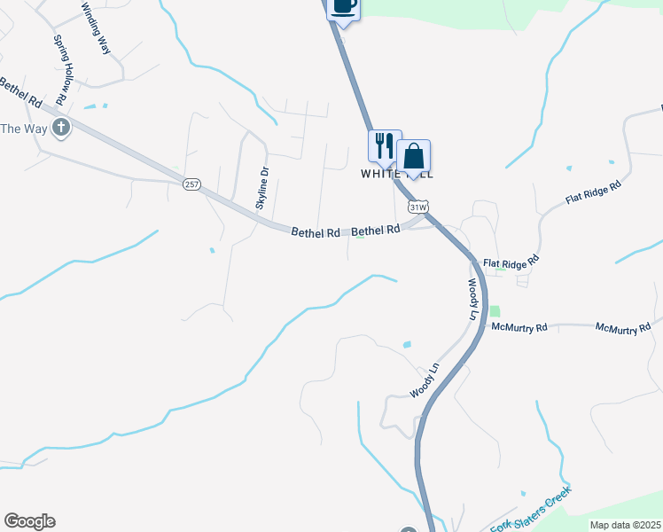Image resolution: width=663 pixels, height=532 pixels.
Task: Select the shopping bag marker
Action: pos(413,156)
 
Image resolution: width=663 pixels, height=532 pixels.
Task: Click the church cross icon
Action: pos(61,128)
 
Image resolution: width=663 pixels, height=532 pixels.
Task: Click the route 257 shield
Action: pos(192,184)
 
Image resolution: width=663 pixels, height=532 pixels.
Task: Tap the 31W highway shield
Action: pos(418,207)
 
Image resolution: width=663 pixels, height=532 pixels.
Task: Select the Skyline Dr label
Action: pos(262,187)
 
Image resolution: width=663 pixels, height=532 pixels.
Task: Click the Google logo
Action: pos(29,521)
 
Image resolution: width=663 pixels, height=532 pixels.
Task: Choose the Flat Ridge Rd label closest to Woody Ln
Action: pos(511,262)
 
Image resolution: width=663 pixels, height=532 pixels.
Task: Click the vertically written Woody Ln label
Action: pos(472,300)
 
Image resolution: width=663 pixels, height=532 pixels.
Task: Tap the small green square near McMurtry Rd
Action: pos(495,311)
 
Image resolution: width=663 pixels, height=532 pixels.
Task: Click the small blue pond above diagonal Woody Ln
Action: pos(407,344)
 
